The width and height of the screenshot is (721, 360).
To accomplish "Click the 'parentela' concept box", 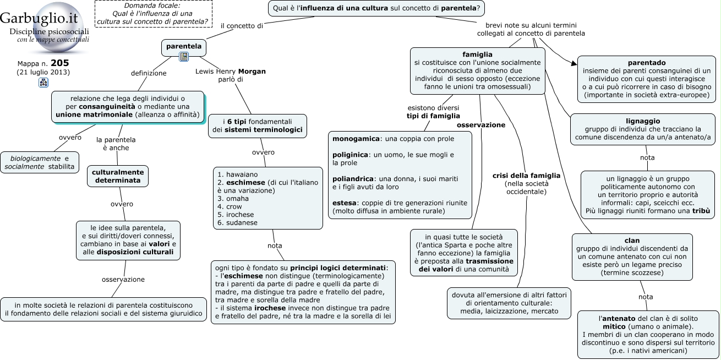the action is (184, 48).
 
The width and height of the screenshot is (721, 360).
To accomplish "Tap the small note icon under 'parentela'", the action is (184, 57).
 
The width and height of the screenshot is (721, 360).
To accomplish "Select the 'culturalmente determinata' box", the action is (118, 176).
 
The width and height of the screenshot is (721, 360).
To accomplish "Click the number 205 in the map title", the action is (60, 63).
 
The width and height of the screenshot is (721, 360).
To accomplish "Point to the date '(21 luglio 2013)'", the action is (43, 72).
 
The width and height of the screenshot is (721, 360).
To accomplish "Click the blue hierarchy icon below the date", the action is (43, 83).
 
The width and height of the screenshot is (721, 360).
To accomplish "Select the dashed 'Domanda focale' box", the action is (154, 14).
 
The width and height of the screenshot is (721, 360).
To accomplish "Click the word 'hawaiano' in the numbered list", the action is (242, 174).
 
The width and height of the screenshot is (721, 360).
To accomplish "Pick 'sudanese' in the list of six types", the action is (242, 223).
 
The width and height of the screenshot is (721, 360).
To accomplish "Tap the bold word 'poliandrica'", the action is (353, 179).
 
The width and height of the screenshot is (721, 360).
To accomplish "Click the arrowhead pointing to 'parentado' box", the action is (574, 63).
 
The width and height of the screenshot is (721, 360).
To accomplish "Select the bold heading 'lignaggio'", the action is (643, 121).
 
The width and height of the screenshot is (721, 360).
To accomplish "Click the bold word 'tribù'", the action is (701, 211).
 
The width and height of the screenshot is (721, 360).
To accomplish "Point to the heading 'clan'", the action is (632, 241).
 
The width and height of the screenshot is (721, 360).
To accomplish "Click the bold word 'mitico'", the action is (614, 326).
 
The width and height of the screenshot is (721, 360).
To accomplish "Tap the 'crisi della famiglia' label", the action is (526, 176).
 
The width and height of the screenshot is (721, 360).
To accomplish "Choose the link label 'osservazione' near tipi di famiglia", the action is (481, 125).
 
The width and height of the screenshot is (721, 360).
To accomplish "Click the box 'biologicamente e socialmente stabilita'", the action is (40, 162).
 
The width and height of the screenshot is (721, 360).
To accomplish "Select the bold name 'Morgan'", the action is (252, 72).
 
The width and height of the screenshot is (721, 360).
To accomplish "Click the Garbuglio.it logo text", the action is (39, 18).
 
